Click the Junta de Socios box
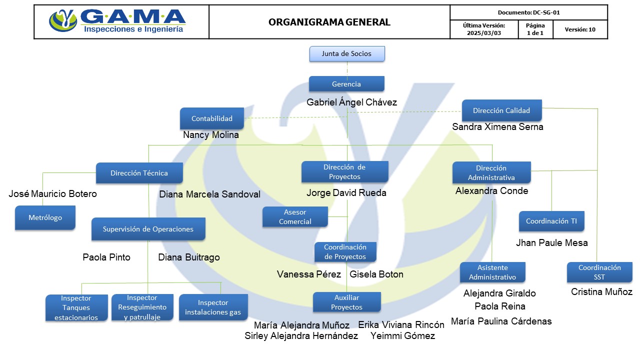point(347,53)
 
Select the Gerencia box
point(346,83)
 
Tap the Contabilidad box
point(211,118)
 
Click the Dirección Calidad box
point(501,110)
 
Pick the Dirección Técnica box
point(139,173)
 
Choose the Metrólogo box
point(45,217)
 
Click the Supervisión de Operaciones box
point(148,229)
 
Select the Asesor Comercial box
point(295,216)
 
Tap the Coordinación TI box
point(551,221)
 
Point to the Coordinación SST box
point(599,272)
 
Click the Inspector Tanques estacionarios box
point(76,307)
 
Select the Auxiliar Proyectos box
point(347,302)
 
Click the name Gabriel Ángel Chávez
point(351,102)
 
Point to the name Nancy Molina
point(211,135)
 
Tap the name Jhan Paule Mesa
point(551,243)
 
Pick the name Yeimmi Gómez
point(403,335)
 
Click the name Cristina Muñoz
point(601,291)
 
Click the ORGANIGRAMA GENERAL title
point(329,22)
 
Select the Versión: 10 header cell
point(580,29)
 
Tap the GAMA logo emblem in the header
point(63,20)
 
